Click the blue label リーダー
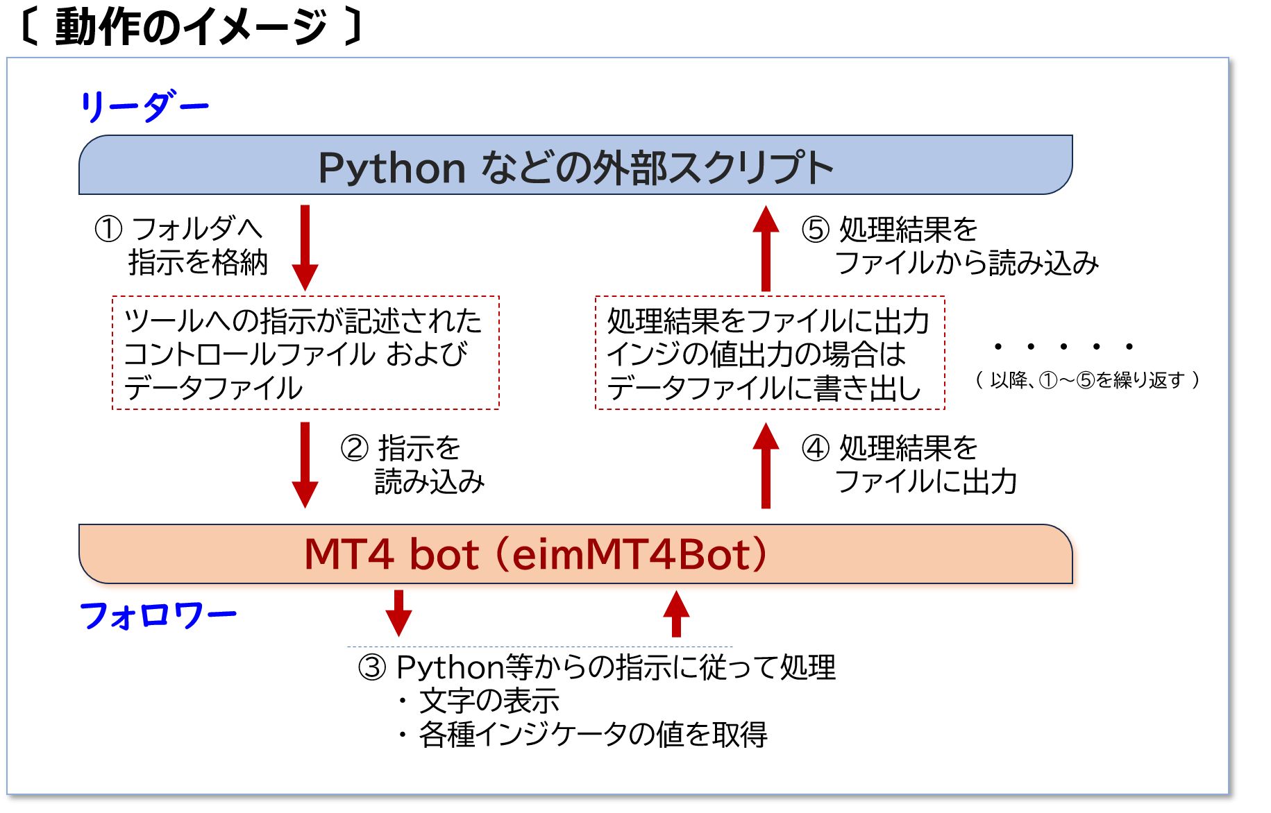tap(144, 107)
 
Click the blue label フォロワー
tap(158, 615)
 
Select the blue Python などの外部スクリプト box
tap(575, 165)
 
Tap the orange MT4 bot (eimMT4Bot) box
tap(575, 554)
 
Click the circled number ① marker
tap(108, 229)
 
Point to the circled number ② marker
tap(354, 448)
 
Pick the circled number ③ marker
tap(372, 667)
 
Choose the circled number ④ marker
tap(816, 448)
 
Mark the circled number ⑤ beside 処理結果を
tap(816, 229)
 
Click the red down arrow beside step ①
tap(305, 248)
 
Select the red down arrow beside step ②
tap(305, 465)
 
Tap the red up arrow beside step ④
tap(766, 465)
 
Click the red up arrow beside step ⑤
tap(766, 248)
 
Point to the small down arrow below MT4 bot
tap(398, 613)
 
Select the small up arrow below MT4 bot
tap(676, 613)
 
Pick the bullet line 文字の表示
tap(479, 701)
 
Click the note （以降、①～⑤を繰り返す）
tap(1088, 380)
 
